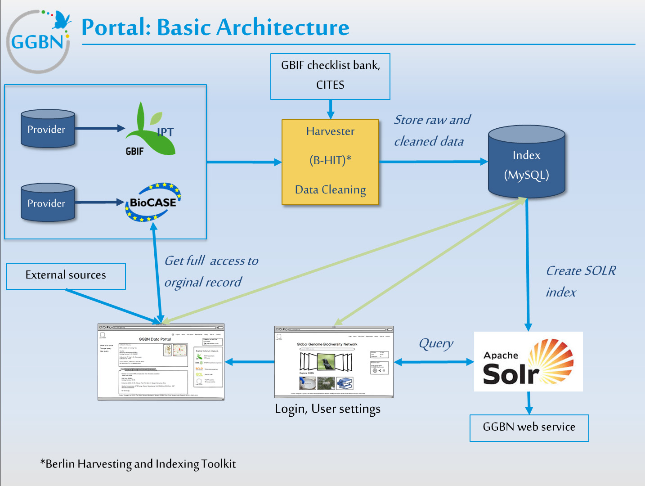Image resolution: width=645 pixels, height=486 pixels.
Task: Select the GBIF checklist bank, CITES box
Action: [x=330, y=76]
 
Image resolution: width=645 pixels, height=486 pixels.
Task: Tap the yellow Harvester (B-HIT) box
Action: [x=330, y=162]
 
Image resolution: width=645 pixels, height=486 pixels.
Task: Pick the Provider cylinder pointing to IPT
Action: [x=48, y=129]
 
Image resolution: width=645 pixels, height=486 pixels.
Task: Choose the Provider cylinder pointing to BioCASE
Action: [x=48, y=202]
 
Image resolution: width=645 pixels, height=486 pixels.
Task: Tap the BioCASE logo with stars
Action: [x=153, y=202]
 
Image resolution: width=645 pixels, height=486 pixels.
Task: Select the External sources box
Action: [x=66, y=276]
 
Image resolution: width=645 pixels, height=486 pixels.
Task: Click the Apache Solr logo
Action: [x=528, y=361]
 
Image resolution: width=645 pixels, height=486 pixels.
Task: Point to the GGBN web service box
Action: [x=529, y=427]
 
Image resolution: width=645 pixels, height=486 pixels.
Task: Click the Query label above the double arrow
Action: [x=435, y=343]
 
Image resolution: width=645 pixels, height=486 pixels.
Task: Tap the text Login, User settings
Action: [x=327, y=409]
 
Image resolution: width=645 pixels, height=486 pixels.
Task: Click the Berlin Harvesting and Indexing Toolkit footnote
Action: [x=138, y=463]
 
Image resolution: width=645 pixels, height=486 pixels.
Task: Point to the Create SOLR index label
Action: [x=580, y=281]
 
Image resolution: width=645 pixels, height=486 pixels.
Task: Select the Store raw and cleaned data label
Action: [x=432, y=130]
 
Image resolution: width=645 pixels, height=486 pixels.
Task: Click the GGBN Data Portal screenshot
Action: [x=161, y=362]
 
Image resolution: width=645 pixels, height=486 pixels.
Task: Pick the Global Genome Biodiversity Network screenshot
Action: [x=334, y=362]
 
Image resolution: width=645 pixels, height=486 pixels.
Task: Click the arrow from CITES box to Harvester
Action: [x=331, y=109]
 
